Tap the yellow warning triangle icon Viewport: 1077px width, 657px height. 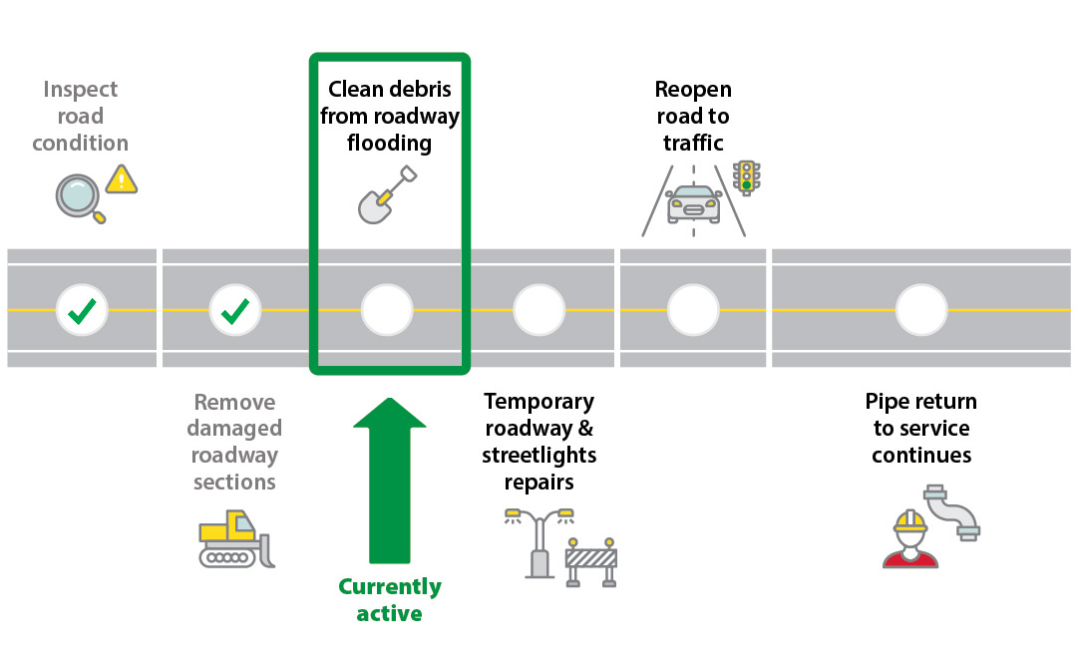tap(122, 179)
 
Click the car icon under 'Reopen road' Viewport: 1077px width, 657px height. tap(694, 203)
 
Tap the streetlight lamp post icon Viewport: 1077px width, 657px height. tap(539, 543)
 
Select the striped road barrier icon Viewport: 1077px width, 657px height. tap(590, 562)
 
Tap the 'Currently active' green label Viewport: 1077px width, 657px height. tap(389, 599)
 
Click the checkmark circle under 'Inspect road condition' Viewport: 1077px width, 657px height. tap(81, 310)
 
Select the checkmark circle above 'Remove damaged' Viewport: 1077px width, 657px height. tap(235, 310)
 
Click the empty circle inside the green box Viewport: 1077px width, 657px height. tap(387, 310)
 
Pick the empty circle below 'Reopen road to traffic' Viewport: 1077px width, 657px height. tap(693, 310)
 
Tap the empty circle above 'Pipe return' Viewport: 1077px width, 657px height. tap(921, 310)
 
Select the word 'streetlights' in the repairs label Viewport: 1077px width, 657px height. tap(538, 456)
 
